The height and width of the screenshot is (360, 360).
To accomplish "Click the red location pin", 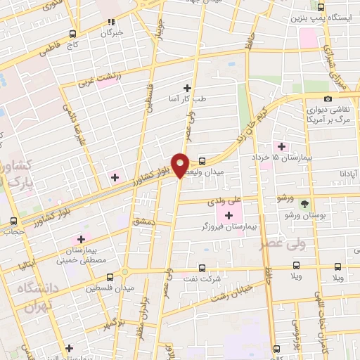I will [x=180, y=165].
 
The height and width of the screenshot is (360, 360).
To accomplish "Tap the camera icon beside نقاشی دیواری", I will [x=328, y=99].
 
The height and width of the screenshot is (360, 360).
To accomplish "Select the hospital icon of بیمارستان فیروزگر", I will [x=229, y=214].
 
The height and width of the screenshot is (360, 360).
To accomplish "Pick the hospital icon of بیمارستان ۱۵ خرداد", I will [x=282, y=146].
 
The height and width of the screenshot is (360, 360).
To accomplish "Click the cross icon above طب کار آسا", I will [x=187, y=87].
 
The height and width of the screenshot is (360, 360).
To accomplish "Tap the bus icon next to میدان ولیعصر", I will [x=202, y=160].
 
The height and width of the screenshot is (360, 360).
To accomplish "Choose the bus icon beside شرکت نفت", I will [x=202, y=268].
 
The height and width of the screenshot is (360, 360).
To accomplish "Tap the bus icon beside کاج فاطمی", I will [x=73, y=34].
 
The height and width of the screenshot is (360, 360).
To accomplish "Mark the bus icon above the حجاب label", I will [x=13, y=219].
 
